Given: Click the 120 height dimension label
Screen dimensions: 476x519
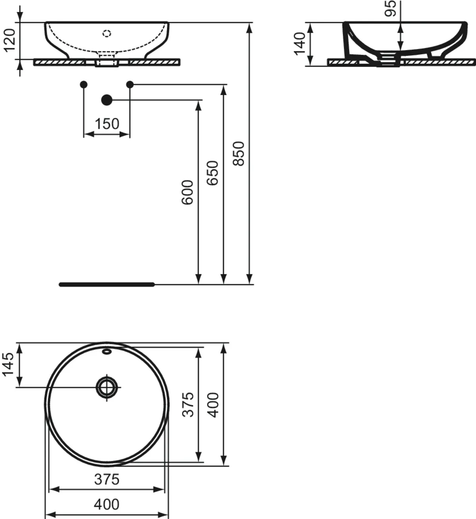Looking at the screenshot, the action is (x=10, y=40).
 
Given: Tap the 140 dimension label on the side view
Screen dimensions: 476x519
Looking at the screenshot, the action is (x=300, y=44).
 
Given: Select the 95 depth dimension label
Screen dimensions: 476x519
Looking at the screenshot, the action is (x=390, y=9).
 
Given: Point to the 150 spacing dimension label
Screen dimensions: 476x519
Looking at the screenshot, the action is (x=107, y=124).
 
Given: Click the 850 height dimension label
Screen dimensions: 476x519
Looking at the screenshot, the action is (x=238, y=154).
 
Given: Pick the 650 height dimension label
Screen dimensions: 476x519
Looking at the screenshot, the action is (x=213, y=173).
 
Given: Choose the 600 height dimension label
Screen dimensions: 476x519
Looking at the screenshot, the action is (x=187, y=192).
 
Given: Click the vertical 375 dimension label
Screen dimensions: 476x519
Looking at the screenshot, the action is (x=188, y=405).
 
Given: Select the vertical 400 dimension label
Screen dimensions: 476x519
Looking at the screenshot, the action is (x=213, y=405).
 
